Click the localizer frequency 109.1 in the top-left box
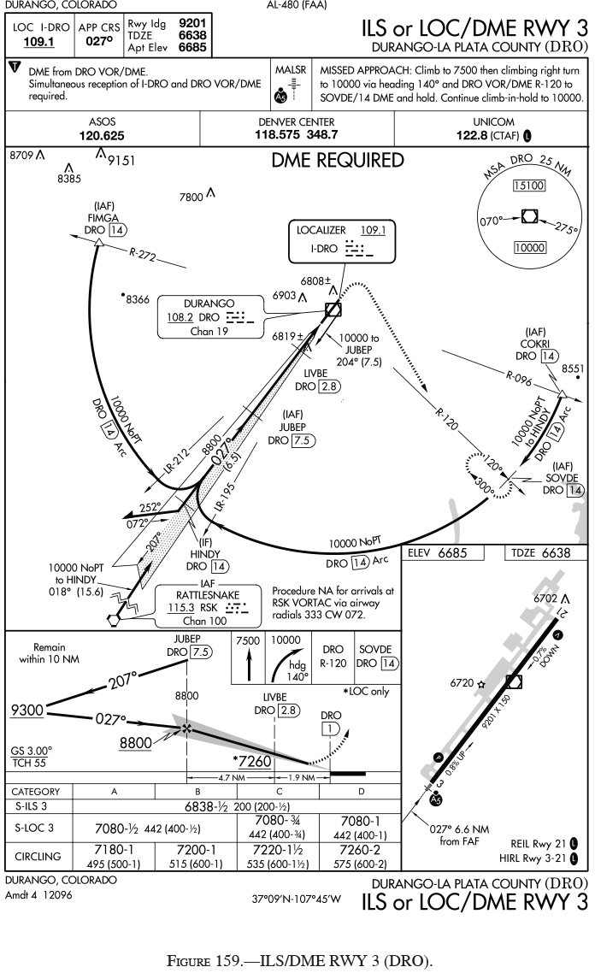[x=32, y=39]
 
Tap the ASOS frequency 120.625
[x=102, y=135]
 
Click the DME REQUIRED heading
[x=338, y=160]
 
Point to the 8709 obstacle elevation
[x=21, y=156]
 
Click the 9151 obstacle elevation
[x=122, y=159]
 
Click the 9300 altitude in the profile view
[x=27, y=709]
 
